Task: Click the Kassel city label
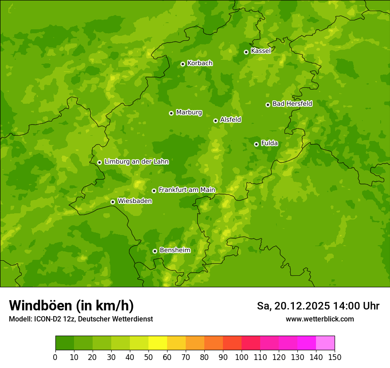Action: [x=261, y=51]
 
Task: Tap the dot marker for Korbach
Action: [x=183, y=64]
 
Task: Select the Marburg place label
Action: [x=189, y=113]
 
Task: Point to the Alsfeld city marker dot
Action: [x=215, y=121]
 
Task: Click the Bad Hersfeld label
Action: [x=292, y=104]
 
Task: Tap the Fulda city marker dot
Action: [x=256, y=144]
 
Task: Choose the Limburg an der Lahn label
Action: [x=136, y=162]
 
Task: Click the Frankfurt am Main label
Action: [x=187, y=190]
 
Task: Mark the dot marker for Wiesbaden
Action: [x=113, y=202]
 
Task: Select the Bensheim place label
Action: [x=175, y=250]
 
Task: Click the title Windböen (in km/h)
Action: [x=71, y=305]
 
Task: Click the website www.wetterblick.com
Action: [x=320, y=319]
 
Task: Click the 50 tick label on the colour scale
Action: [x=148, y=357]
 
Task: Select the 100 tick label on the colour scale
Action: [x=242, y=357]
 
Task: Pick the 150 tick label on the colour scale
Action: [x=335, y=357]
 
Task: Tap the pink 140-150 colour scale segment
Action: [x=325, y=343]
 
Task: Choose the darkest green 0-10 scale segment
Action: [x=65, y=343]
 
